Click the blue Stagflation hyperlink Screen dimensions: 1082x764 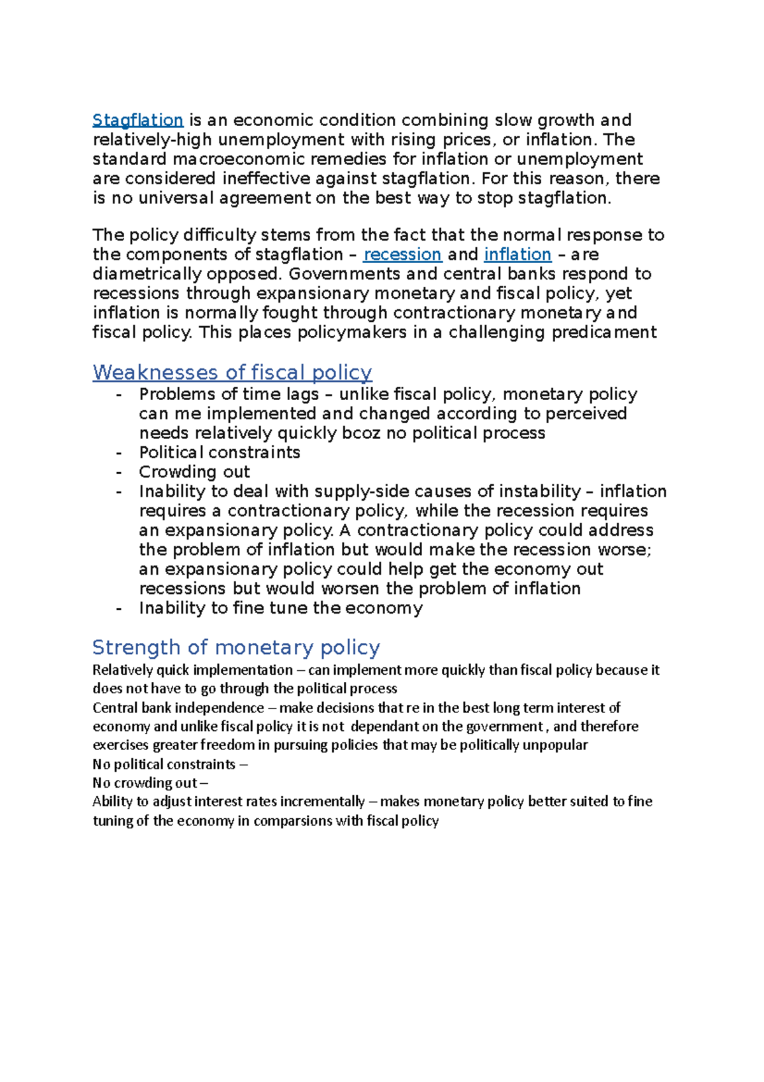[138, 120]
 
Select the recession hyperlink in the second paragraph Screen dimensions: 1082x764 [402, 254]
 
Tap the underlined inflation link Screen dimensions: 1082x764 [517, 254]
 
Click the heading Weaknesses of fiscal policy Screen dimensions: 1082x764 [232, 372]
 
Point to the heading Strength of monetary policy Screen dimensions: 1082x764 [236, 647]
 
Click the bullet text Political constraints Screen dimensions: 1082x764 [219, 452]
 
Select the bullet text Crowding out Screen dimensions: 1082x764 [194, 472]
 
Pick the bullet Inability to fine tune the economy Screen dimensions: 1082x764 [280, 608]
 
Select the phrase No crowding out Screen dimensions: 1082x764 [145, 783]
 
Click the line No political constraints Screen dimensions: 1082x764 [164, 764]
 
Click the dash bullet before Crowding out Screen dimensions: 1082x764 [118, 473]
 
